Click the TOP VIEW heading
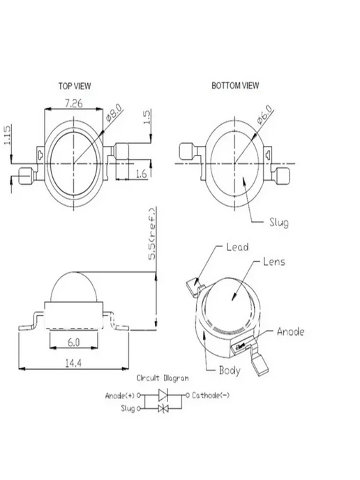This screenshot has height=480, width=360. (75, 86)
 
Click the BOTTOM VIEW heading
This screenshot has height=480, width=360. (235, 85)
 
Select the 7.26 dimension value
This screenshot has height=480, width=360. (73, 103)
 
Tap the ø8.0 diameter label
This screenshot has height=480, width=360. (114, 112)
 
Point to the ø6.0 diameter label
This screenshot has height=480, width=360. (264, 114)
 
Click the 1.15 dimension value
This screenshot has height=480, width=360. (7, 135)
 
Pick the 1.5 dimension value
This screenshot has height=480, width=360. (147, 117)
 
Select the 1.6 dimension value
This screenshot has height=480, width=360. (142, 174)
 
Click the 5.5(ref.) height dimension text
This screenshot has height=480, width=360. (152, 234)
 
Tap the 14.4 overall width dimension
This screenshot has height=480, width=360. (73, 363)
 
